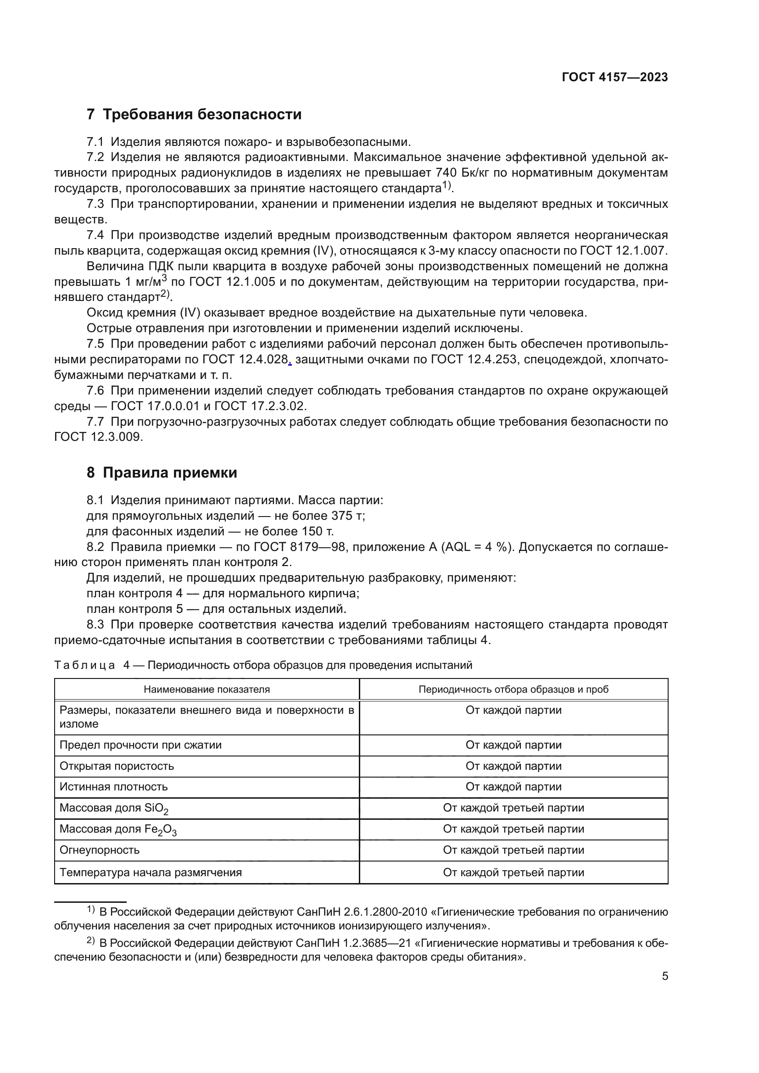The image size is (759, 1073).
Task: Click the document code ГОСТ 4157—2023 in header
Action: click(x=614, y=78)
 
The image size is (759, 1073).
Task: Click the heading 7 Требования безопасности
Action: click(x=194, y=115)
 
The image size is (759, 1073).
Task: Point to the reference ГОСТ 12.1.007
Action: click(x=624, y=251)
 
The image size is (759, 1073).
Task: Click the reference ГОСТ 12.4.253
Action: click(x=474, y=359)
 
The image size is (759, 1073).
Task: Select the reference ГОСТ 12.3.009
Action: click(x=98, y=437)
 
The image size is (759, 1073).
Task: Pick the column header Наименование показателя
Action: click(x=206, y=689)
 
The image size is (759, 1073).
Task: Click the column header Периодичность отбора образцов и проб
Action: click(x=513, y=689)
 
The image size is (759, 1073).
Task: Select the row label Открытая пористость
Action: click(x=117, y=766)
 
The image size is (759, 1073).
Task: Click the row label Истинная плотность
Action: click(x=113, y=787)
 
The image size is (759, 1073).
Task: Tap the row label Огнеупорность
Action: click(x=100, y=850)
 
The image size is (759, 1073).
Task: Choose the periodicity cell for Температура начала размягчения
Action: click(x=513, y=872)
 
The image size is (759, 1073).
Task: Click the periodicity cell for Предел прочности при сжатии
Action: click(x=513, y=745)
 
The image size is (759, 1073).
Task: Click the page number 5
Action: click(x=664, y=976)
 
